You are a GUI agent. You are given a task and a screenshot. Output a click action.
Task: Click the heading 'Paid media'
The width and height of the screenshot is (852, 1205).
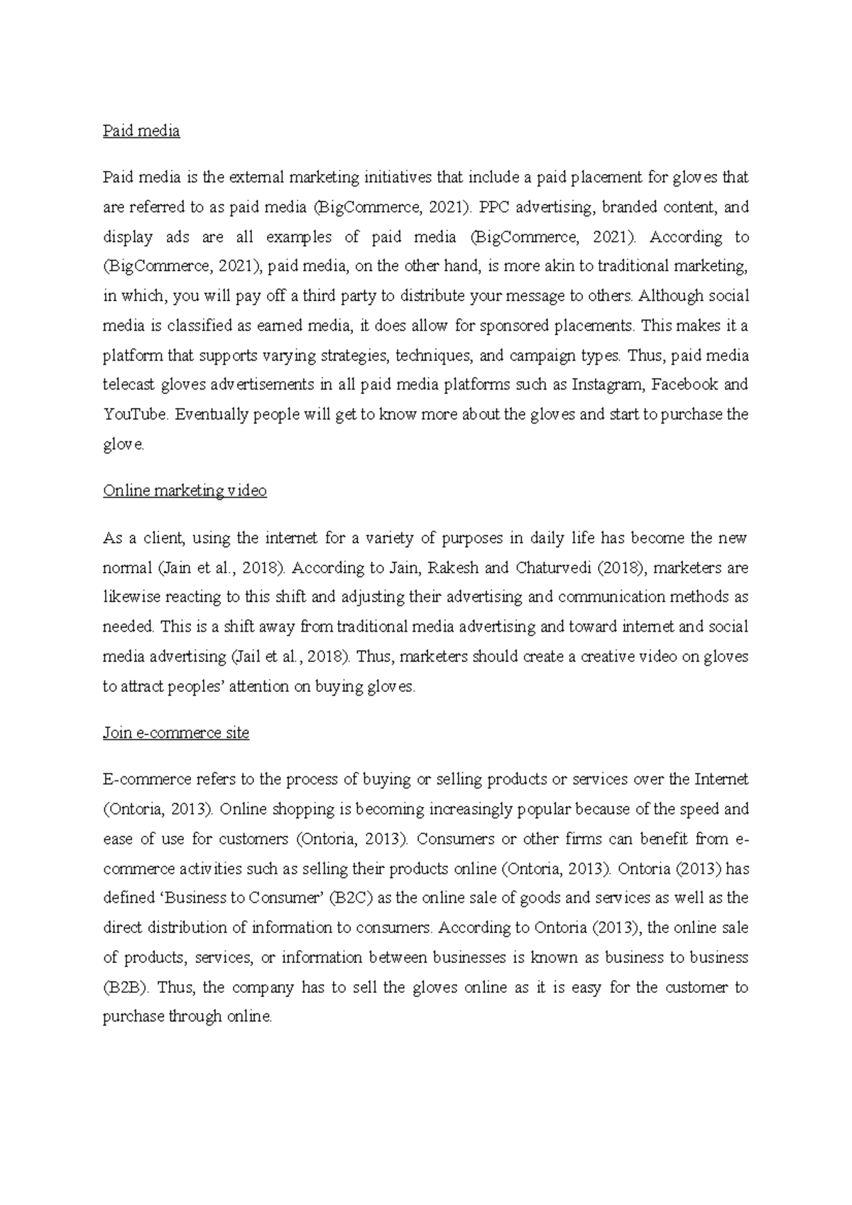click(x=141, y=131)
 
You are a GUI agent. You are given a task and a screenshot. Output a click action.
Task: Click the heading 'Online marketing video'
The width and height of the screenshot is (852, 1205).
click(x=185, y=491)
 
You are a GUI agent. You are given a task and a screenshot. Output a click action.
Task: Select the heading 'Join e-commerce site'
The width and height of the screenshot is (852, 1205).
click(x=176, y=733)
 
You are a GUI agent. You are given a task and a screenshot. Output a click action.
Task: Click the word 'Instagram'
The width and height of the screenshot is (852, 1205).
click(x=608, y=385)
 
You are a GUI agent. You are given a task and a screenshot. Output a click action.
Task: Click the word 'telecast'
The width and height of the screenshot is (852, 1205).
click(x=129, y=385)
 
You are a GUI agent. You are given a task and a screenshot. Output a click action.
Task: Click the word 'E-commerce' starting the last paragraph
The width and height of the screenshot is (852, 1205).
click(x=142, y=780)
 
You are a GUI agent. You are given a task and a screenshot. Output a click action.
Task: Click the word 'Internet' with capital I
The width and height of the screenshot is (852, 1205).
click(x=721, y=780)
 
